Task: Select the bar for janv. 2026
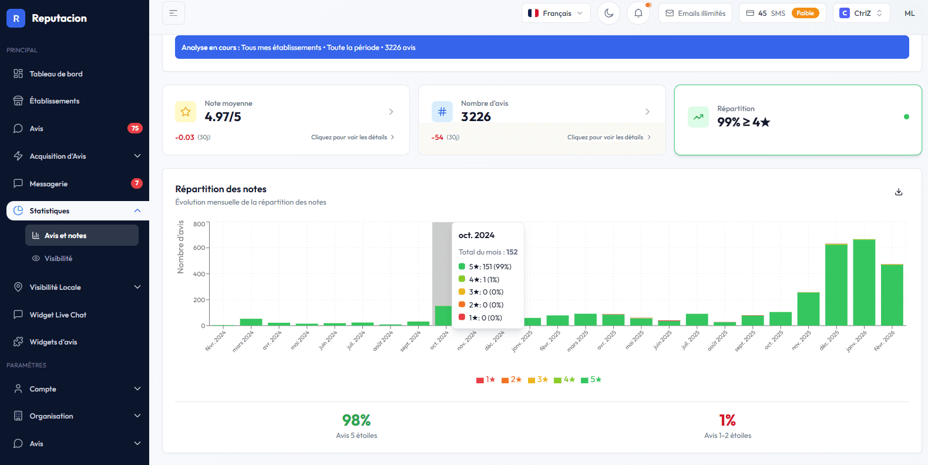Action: (864, 282)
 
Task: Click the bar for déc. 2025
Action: (836, 285)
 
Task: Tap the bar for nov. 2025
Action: (808, 309)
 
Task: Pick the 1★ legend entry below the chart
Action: (486, 380)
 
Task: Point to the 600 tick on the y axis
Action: (199, 248)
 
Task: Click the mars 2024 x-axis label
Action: (243, 341)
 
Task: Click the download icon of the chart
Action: (898, 192)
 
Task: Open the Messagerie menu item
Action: (49, 184)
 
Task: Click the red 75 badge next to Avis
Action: (135, 128)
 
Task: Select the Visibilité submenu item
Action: (58, 259)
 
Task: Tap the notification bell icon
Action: (638, 13)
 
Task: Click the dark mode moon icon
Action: (608, 13)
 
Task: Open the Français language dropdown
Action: (556, 13)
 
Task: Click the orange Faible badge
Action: (805, 13)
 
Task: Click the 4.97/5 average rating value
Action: (223, 117)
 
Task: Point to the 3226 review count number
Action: (476, 117)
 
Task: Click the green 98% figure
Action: (357, 420)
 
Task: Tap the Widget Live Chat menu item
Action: (58, 315)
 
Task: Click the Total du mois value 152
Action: (512, 252)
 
